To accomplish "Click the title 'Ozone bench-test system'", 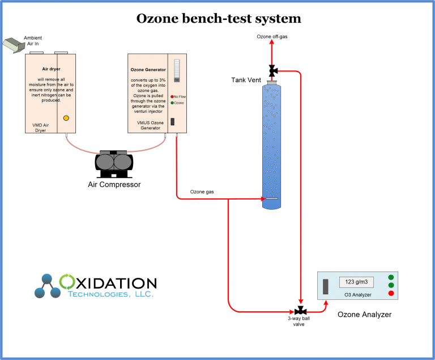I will click(219, 18).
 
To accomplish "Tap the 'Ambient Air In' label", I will click(33, 41).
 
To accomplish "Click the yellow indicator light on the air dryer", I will click(66, 118).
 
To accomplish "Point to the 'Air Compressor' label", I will click(115, 184).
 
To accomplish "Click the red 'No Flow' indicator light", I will click(172, 96).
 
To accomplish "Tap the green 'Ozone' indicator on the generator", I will click(172, 103).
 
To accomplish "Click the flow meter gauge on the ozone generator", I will click(176, 71).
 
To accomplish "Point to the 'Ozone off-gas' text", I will click(272, 37).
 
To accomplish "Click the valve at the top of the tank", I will click(272, 71).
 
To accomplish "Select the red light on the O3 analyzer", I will click(391, 293).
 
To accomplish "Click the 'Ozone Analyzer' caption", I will click(364, 314).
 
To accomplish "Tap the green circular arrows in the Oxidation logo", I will click(67, 281).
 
